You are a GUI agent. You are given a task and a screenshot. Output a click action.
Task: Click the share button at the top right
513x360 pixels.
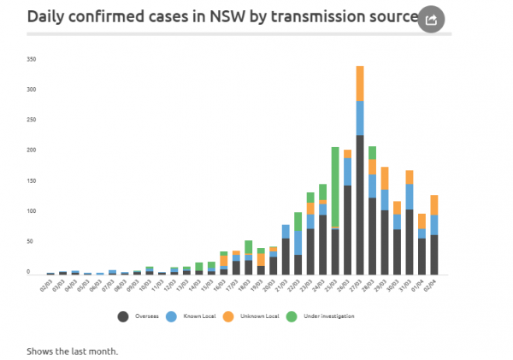coord(432,19)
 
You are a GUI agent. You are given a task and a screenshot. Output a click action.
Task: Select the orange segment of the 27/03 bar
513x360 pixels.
coord(360,83)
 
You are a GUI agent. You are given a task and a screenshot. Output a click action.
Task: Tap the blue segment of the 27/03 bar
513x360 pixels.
coord(360,117)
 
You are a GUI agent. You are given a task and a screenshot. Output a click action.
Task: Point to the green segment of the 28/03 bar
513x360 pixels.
coord(372,152)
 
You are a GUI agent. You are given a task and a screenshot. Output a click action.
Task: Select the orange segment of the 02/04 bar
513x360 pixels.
coord(434,204)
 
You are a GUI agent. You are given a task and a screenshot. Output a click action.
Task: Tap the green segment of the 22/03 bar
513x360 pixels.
coord(298,221)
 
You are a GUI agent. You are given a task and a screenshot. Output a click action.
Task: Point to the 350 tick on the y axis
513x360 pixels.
coord(32,59)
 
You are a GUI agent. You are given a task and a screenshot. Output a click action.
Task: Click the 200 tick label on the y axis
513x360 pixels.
coord(32,150)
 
